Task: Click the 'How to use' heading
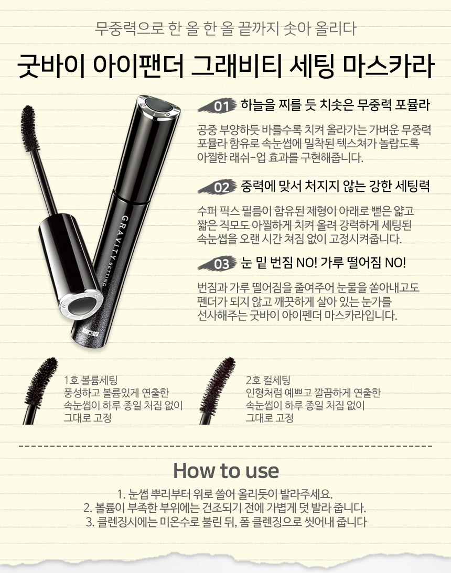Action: click(x=225, y=470)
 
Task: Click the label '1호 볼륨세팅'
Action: click(x=90, y=380)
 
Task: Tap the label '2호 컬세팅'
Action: click(x=268, y=380)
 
